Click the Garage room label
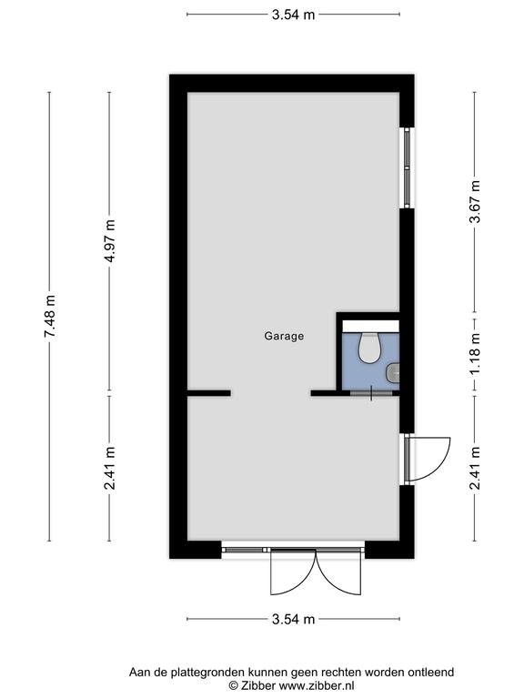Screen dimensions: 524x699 click(x=284, y=336)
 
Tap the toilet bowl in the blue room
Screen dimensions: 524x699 click(x=369, y=348)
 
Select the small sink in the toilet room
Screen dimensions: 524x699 click(x=393, y=372)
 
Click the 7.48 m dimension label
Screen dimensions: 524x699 click(x=50, y=316)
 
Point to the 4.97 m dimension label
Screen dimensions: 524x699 click(x=110, y=240)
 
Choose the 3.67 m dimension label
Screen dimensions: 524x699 click(x=476, y=202)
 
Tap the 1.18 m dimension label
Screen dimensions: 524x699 click(x=476, y=354)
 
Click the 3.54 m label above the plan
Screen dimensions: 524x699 click(x=293, y=15)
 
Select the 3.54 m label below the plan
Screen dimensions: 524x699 click(x=293, y=619)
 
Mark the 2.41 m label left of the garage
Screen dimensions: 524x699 click(x=110, y=468)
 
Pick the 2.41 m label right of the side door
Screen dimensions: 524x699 click(x=476, y=468)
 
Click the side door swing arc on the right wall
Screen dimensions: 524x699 click(x=442, y=465)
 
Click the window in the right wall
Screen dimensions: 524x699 click(x=407, y=167)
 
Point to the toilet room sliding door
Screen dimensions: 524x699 click(x=371, y=393)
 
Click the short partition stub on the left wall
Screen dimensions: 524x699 click(x=208, y=393)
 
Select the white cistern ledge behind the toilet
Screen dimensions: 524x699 click(x=370, y=326)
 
